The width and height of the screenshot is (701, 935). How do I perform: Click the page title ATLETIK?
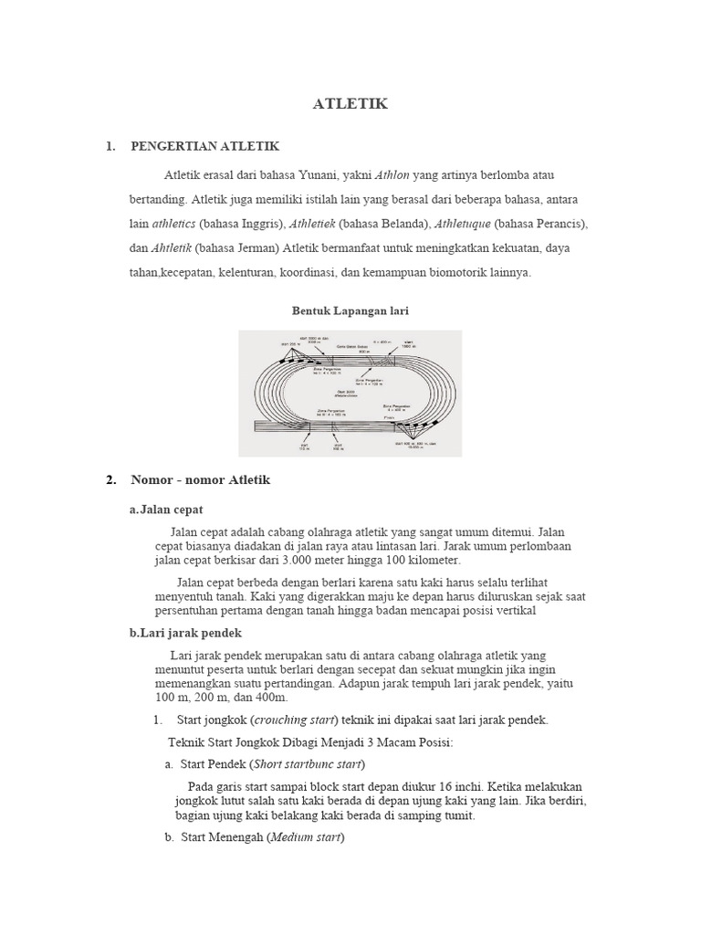click(x=350, y=104)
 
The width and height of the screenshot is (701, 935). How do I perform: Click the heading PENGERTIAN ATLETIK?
click(x=204, y=146)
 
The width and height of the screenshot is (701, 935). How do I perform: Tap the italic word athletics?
click(x=173, y=223)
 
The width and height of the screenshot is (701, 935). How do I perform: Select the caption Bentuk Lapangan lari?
click(x=350, y=310)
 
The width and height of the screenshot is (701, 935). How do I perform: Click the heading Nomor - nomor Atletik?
click(x=201, y=479)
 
